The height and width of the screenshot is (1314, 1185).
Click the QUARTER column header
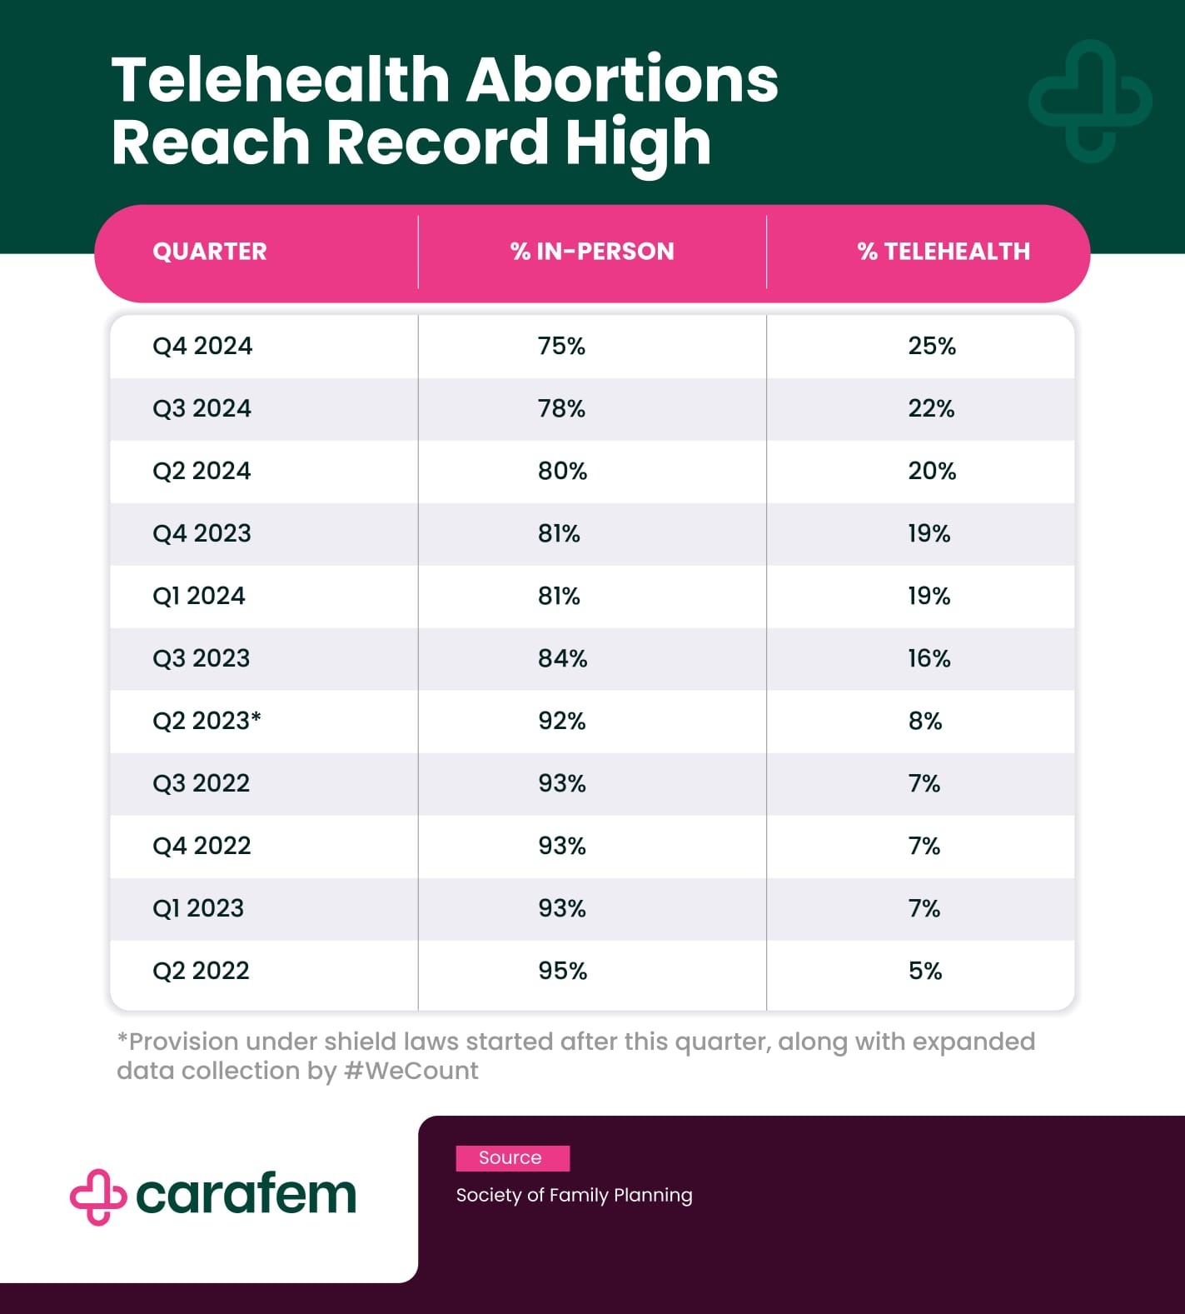[210, 252]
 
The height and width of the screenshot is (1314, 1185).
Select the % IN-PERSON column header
[592, 252]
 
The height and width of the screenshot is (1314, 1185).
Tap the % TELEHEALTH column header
[944, 252]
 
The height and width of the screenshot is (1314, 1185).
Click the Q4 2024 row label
[202, 346]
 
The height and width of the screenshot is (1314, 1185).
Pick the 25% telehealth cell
[932, 346]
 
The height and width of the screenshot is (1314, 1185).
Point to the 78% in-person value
[561, 408]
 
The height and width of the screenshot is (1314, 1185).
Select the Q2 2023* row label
[207, 721]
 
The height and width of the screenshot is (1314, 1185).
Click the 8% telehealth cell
[925, 721]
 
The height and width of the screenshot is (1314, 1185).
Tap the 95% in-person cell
[562, 971]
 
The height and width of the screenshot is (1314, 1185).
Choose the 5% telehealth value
[925, 971]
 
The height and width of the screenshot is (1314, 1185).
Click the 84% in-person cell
[562, 658]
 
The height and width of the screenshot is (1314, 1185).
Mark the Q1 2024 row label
[199, 596]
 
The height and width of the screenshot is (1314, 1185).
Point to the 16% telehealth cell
[929, 658]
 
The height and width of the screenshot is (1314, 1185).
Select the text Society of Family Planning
[574, 1195]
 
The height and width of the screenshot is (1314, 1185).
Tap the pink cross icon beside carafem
[97, 1197]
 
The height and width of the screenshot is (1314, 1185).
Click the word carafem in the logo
[246, 1195]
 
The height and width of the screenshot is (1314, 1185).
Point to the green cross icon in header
[1090, 101]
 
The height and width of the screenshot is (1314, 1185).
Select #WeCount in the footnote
[411, 1071]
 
